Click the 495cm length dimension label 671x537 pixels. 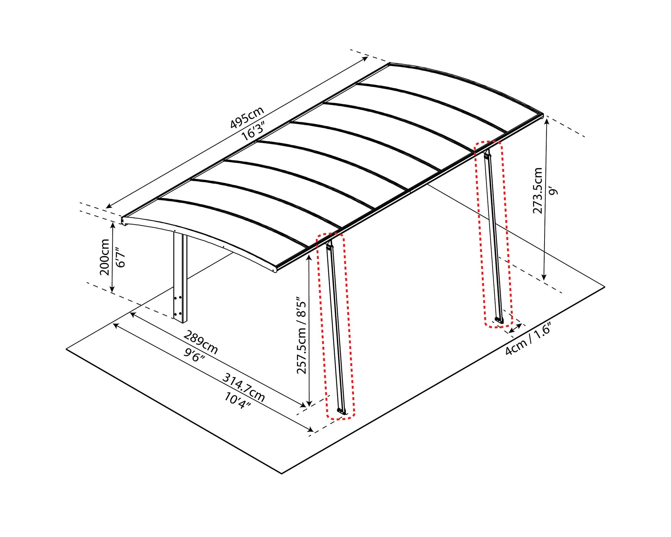point(247,117)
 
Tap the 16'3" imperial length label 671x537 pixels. point(254,131)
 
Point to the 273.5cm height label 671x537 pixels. point(537,190)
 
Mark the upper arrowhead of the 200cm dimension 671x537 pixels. point(113,225)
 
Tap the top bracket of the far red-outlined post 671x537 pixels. point(487,155)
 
